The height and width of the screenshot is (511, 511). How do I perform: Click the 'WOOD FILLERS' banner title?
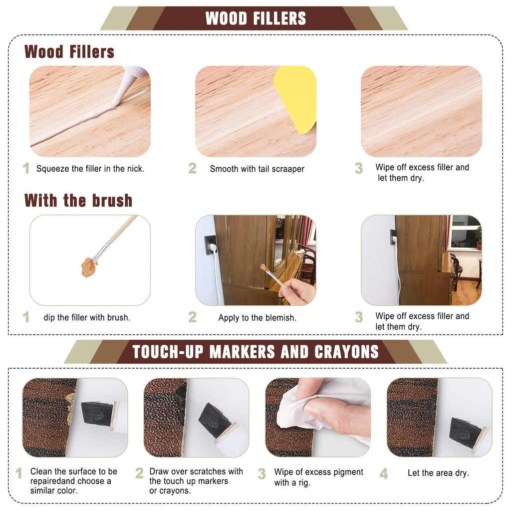coord(256,18)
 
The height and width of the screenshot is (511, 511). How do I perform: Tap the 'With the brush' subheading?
coord(78,201)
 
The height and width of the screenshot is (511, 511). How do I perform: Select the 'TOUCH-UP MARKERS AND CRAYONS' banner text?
coord(255,352)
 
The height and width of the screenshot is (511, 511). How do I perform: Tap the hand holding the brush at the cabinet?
coord(297,291)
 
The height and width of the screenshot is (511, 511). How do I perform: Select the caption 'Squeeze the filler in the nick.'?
coord(90,169)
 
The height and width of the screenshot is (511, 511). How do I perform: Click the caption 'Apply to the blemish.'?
coord(257,318)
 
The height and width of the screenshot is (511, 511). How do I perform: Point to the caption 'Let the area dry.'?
coord(438,473)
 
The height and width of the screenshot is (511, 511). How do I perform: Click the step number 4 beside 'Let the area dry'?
coord(384,474)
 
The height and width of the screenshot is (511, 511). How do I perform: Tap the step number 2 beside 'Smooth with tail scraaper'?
coord(192,168)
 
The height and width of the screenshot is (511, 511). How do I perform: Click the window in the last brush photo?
coord(465,232)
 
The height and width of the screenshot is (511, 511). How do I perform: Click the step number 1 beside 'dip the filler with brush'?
coord(26,317)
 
